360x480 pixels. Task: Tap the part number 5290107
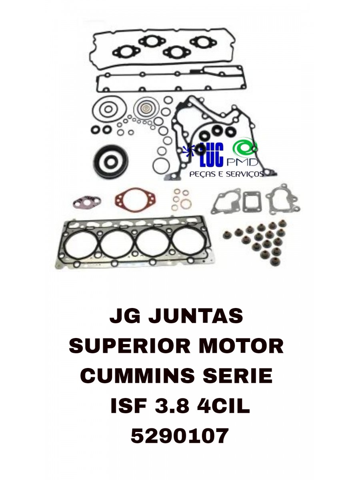[180, 436]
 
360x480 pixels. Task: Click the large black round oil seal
[108, 162]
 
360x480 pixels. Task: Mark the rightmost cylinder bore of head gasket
[188, 242]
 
